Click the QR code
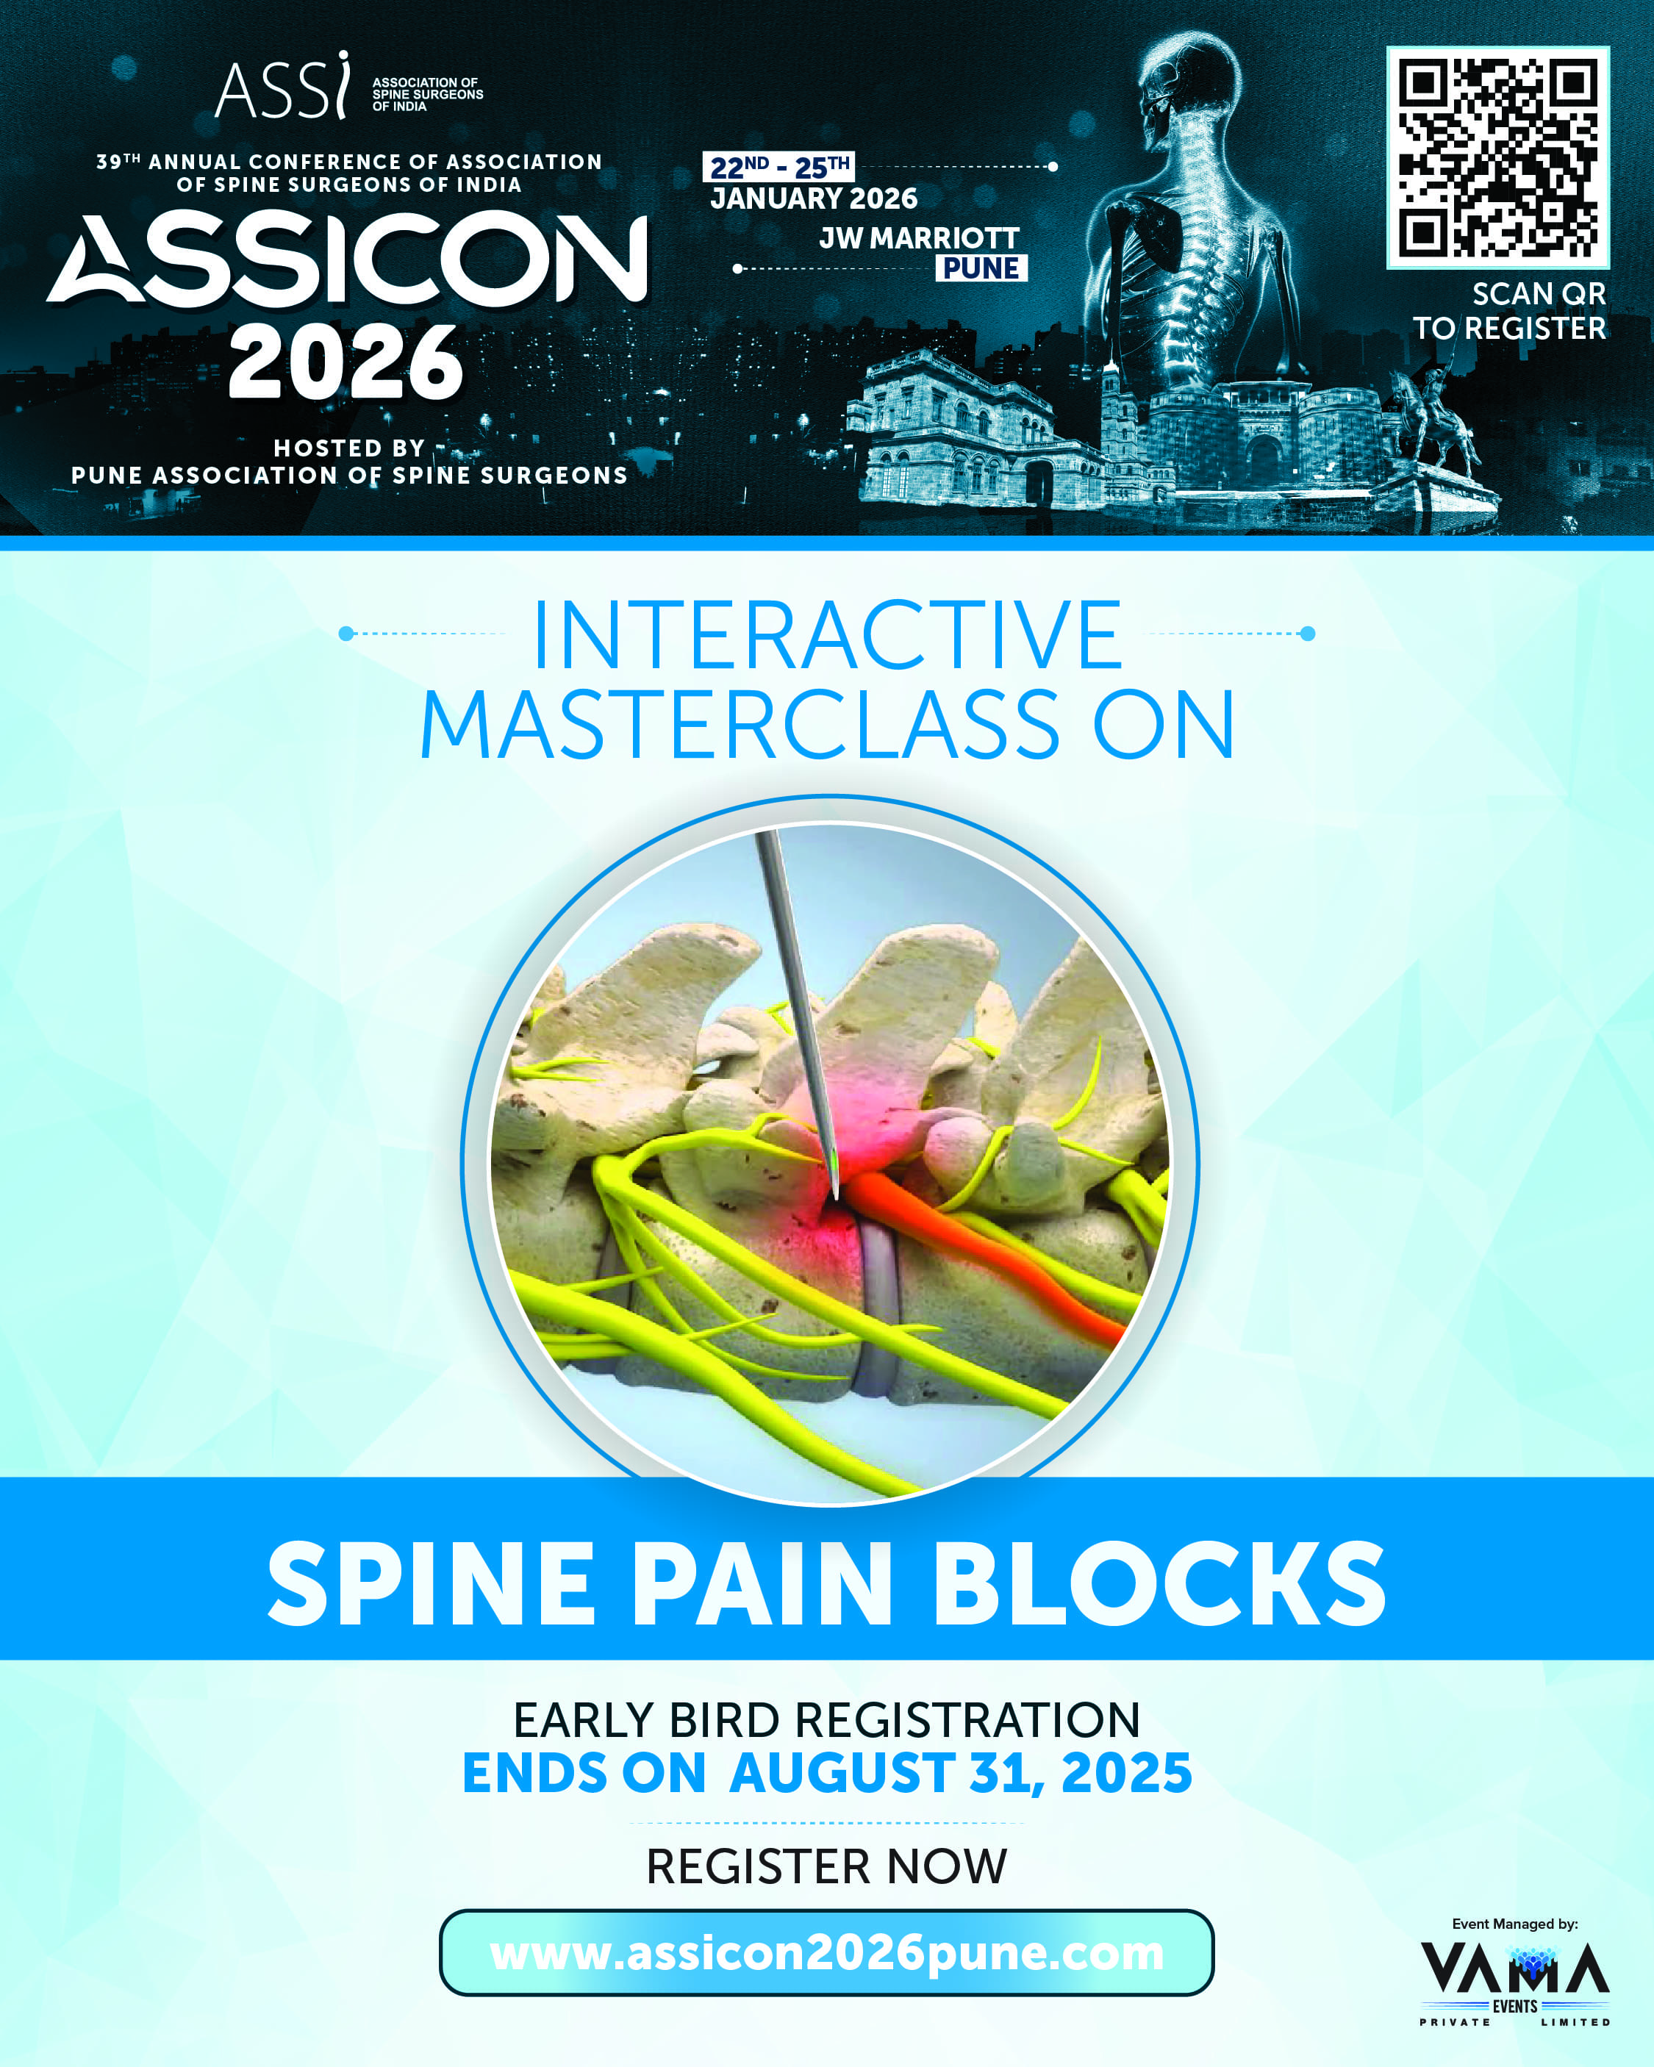pyautogui.click(x=1497, y=157)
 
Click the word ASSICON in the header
pyautogui.click(x=347, y=259)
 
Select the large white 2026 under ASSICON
pyautogui.click(x=346, y=362)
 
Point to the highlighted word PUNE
pyautogui.click(x=981, y=268)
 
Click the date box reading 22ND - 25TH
pyautogui.click(x=778, y=167)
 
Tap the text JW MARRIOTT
pyautogui.click(x=919, y=237)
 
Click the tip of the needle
pyautogui.click(x=836, y=1198)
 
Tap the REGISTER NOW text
pyautogui.click(x=826, y=1866)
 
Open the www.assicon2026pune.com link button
pyautogui.click(x=826, y=1953)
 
